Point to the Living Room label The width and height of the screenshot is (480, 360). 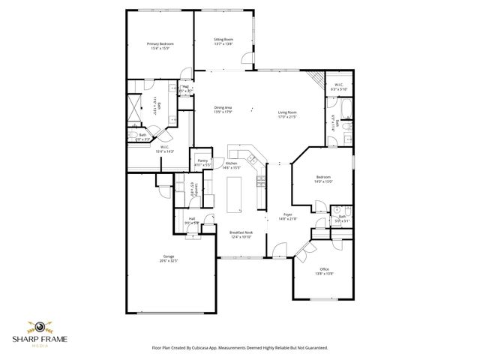tap(288, 114)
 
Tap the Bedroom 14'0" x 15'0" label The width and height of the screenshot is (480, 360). tap(323, 179)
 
